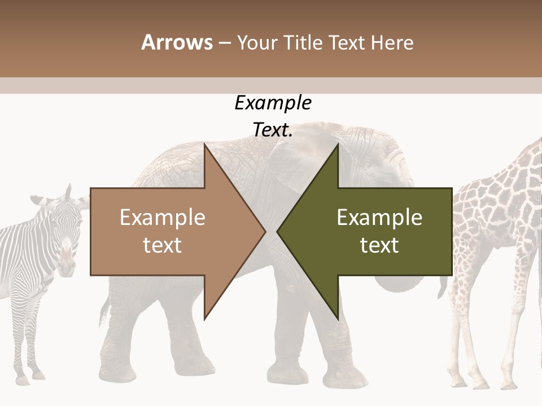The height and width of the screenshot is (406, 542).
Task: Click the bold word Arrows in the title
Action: click(177, 43)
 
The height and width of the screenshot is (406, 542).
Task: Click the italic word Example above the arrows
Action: click(273, 103)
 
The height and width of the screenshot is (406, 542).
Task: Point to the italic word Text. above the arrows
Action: click(273, 130)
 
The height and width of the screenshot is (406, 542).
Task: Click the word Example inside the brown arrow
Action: click(162, 218)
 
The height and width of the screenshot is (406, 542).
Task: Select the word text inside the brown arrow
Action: click(162, 245)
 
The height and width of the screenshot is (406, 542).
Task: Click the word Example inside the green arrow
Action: click(379, 218)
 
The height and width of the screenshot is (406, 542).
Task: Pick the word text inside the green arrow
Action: click(379, 245)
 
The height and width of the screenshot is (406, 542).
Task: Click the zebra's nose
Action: click(67, 266)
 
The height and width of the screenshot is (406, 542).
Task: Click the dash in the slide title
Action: click(225, 43)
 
